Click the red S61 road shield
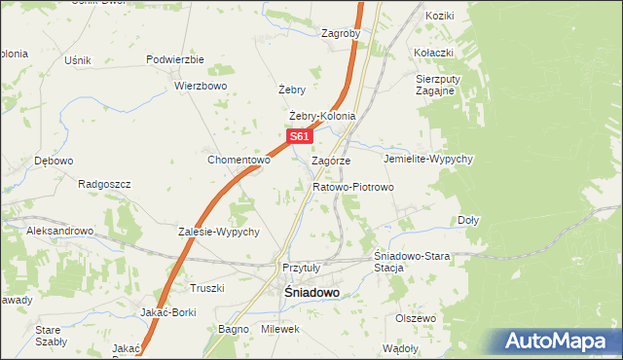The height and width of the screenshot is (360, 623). [299, 138]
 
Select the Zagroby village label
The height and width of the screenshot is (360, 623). [341, 32]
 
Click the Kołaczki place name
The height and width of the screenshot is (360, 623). [434, 52]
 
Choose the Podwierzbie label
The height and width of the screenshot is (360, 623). [175, 59]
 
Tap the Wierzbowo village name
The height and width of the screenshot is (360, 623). [201, 86]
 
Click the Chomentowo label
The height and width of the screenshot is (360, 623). [238, 160]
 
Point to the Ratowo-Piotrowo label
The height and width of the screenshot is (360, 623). [352, 186]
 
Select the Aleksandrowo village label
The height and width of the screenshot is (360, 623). [59, 232]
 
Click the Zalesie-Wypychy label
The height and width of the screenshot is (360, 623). [218, 232]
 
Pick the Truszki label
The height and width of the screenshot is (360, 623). [207, 288]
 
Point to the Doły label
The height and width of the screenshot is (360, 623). [468, 220]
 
